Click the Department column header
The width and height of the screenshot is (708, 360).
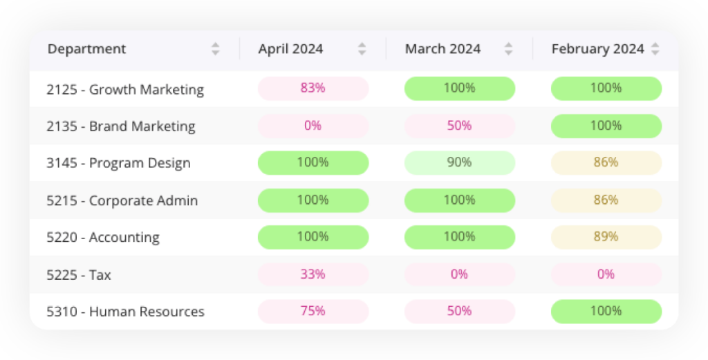pyautogui.click(x=87, y=49)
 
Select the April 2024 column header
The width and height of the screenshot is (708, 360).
pyautogui.click(x=290, y=49)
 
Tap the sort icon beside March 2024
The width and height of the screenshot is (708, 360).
pyautogui.click(x=509, y=49)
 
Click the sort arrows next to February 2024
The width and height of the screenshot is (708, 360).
pyautogui.click(x=655, y=49)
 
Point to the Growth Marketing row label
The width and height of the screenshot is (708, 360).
pyautogui.click(x=125, y=89)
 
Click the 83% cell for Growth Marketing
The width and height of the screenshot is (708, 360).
pyautogui.click(x=313, y=88)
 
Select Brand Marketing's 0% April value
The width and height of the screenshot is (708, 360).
pyautogui.click(x=313, y=126)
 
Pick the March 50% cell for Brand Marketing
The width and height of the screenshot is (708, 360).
pyautogui.click(x=460, y=126)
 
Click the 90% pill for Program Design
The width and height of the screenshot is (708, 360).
pyautogui.click(x=460, y=162)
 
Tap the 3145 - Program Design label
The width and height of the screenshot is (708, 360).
pyautogui.click(x=118, y=164)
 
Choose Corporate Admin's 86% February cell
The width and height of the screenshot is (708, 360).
pyautogui.click(x=606, y=200)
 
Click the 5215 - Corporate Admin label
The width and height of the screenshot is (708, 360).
pyautogui.click(x=122, y=201)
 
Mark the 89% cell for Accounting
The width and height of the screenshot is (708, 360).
pyautogui.click(x=606, y=237)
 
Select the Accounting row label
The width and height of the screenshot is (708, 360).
pyautogui.click(x=103, y=238)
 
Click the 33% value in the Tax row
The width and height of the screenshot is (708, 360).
pyautogui.click(x=313, y=274)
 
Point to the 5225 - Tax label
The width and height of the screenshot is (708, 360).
pyautogui.click(x=79, y=275)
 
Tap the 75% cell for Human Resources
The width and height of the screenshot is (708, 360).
pyautogui.click(x=313, y=311)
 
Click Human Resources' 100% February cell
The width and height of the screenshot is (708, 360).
pyautogui.click(x=606, y=311)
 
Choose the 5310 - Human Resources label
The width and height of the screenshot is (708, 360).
pyautogui.click(x=126, y=312)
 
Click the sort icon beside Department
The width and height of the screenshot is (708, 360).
pyautogui.click(x=216, y=49)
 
